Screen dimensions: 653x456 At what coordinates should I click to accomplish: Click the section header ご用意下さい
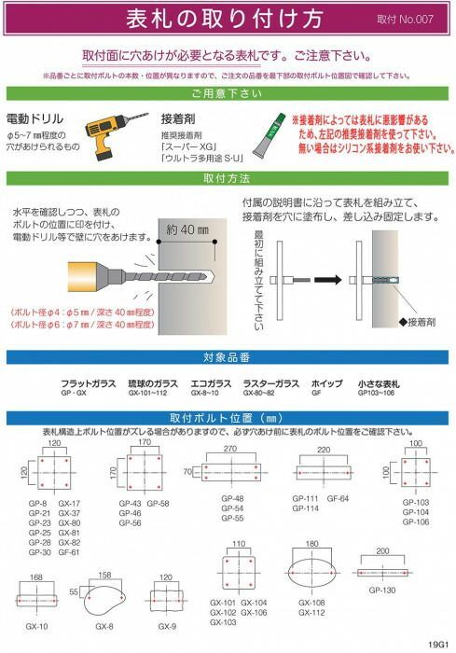(x=228, y=93)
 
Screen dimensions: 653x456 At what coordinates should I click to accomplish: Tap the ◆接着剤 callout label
(x=417, y=320)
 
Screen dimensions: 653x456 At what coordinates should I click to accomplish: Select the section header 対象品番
(x=228, y=356)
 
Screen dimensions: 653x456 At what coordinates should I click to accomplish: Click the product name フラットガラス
(x=89, y=383)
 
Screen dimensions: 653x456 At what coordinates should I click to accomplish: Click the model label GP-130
(x=381, y=590)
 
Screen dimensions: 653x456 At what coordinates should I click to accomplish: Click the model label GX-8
(x=104, y=626)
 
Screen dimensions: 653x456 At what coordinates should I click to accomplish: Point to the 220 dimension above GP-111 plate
(x=323, y=449)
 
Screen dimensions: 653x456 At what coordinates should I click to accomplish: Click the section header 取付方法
(x=228, y=176)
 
